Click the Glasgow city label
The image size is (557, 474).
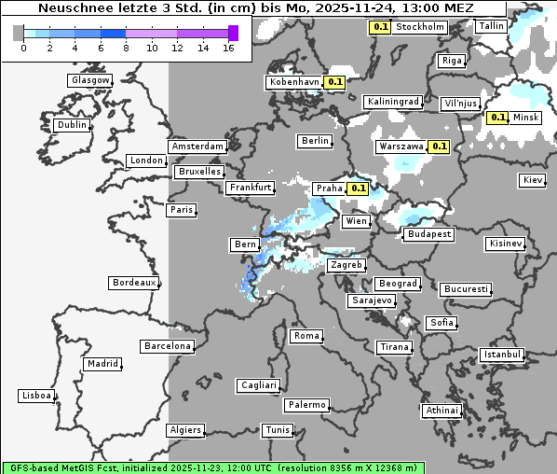tap(90, 80)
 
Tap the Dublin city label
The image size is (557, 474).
tap(71, 125)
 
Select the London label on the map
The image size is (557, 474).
tap(146, 160)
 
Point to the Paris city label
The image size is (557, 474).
tap(182, 210)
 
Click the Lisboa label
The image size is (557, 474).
tap(36, 396)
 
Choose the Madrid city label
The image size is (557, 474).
tap(102, 364)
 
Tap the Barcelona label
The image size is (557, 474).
tap(168, 346)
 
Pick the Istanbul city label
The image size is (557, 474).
tap(502, 355)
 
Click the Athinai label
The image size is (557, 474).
tap(442, 411)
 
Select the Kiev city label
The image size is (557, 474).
tap(533, 180)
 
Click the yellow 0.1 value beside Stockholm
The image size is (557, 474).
tap(380, 27)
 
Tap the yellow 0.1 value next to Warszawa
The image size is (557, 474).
tap(440, 146)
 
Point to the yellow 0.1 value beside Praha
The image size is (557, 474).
tap(358, 188)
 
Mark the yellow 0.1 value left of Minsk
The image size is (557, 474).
tap(497, 118)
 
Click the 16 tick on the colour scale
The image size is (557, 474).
tap(229, 48)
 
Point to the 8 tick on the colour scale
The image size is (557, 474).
tap(126, 48)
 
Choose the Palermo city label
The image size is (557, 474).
tap(306, 405)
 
